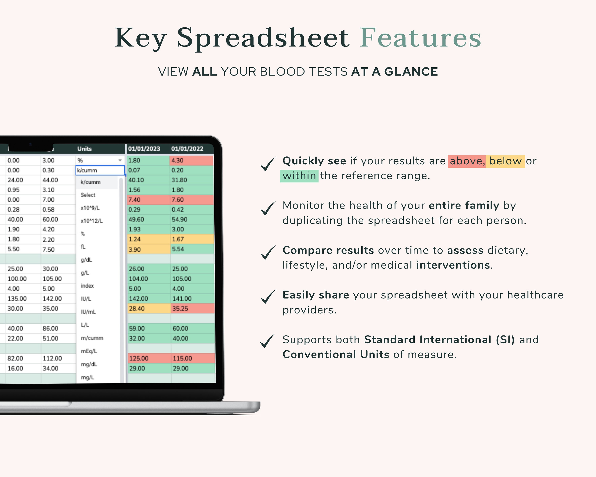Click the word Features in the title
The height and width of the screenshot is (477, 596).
(x=420, y=38)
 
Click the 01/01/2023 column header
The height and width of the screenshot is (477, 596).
(x=144, y=149)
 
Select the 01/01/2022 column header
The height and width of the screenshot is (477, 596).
(x=187, y=149)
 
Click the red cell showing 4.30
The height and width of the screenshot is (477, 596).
(x=191, y=160)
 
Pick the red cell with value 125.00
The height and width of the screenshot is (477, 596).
(x=149, y=358)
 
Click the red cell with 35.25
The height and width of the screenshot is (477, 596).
(x=192, y=309)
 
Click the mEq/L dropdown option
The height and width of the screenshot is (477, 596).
(x=89, y=351)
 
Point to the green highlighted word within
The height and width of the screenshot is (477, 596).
(x=299, y=176)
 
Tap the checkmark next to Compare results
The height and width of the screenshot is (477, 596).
(x=268, y=252)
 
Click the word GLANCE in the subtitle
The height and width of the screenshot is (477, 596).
(x=411, y=72)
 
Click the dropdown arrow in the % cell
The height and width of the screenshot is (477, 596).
(x=120, y=160)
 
